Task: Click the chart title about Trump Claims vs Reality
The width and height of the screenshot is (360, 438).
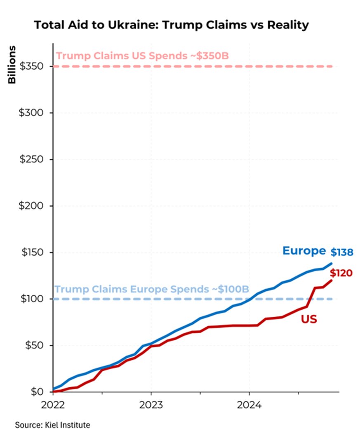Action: click(x=171, y=25)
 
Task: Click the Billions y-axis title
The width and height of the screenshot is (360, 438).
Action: click(x=12, y=65)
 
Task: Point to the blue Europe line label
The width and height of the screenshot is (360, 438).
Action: click(x=304, y=251)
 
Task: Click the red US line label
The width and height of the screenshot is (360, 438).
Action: click(x=309, y=319)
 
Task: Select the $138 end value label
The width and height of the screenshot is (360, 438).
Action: click(x=342, y=252)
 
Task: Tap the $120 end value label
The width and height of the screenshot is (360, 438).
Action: click(x=341, y=273)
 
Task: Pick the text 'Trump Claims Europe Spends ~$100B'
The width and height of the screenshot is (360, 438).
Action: click(x=152, y=290)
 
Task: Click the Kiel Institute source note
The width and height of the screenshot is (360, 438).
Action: click(x=52, y=424)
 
